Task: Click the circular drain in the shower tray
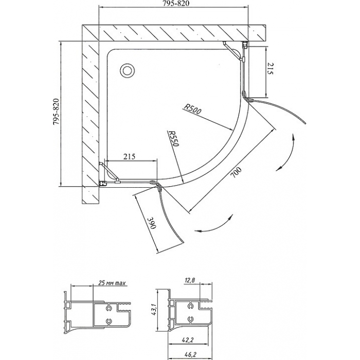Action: [x=127, y=70]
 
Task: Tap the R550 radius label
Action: [x=173, y=138]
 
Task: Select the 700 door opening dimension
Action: [x=236, y=173]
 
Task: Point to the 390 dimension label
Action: [x=152, y=223]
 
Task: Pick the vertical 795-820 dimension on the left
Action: [x=56, y=112]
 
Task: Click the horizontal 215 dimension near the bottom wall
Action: [x=129, y=156]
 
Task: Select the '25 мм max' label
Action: [x=112, y=283]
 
